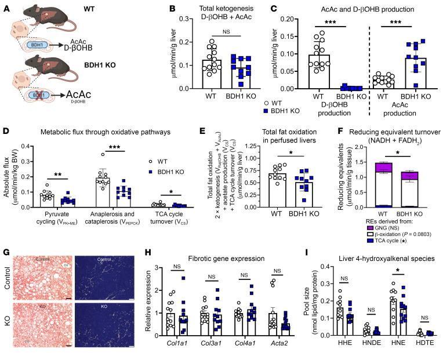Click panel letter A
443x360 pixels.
tap(5, 5)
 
